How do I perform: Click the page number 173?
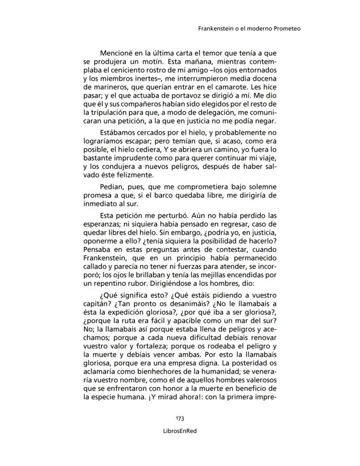[x=180, y=419]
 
